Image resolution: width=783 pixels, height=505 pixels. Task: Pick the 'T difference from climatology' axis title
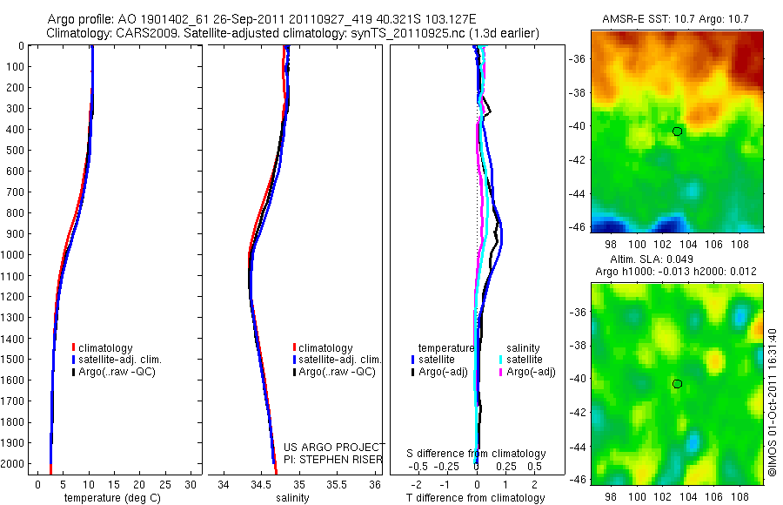point(477,498)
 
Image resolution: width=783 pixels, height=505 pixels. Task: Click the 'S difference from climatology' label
point(477,454)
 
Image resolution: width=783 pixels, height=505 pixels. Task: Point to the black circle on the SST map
point(677,131)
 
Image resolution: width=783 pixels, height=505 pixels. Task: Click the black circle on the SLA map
point(677,384)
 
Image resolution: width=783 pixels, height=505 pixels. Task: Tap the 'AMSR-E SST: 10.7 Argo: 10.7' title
point(676,18)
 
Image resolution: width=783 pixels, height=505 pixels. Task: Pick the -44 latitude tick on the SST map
point(579,193)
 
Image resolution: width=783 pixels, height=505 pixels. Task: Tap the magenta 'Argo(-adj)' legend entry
point(531,372)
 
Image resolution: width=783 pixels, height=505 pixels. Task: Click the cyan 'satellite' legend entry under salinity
point(525,359)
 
